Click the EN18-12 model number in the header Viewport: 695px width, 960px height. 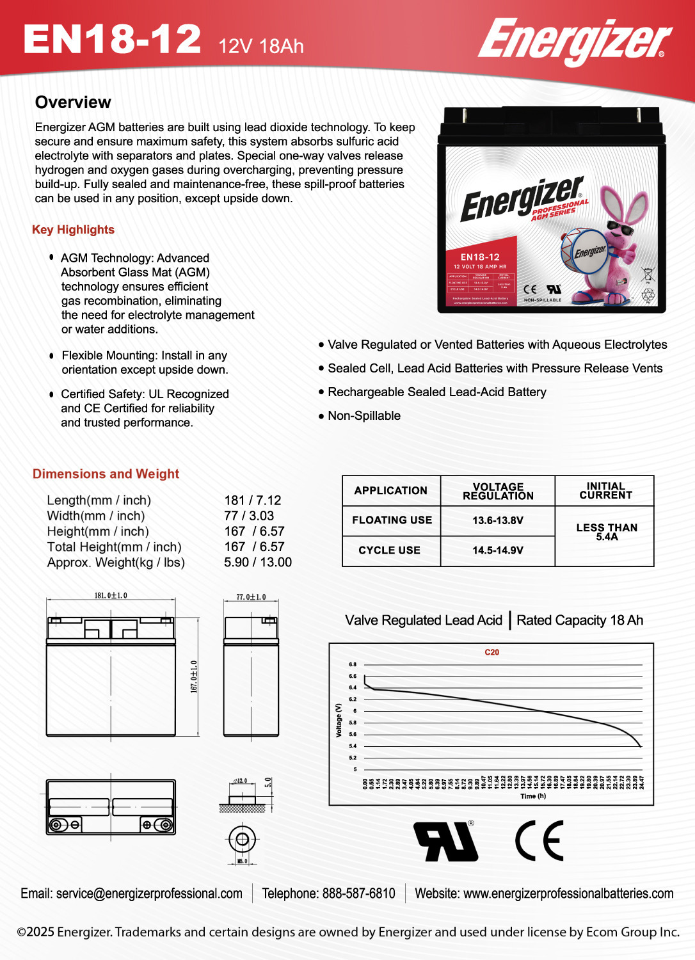[x=112, y=40]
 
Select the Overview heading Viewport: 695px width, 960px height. [x=73, y=102]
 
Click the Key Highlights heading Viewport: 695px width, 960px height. [x=73, y=230]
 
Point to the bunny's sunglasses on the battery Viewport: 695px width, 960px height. [x=619, y=228]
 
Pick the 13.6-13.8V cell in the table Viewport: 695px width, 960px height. [x=497, y=520]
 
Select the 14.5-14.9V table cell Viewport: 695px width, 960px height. [x=497, y=550]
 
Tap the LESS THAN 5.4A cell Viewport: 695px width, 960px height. [x=606, y=532]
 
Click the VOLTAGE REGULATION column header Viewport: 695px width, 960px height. [x=497, y=491]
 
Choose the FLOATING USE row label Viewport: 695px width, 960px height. [x=392, y=520]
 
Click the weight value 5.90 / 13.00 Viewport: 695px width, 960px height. [x=257, y=563]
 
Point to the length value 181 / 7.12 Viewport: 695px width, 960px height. [x=252, y=500]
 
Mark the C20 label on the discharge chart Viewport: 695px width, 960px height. [x=491, y=652]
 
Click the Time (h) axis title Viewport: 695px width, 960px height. [x=532, y=796]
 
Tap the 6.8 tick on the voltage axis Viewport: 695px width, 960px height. [x=353, y=664]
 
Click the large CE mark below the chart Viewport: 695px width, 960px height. [x=539, y=840]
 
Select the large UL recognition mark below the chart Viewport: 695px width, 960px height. [x=445, y=841]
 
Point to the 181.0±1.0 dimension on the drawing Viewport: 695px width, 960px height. [x=111, y=596]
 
